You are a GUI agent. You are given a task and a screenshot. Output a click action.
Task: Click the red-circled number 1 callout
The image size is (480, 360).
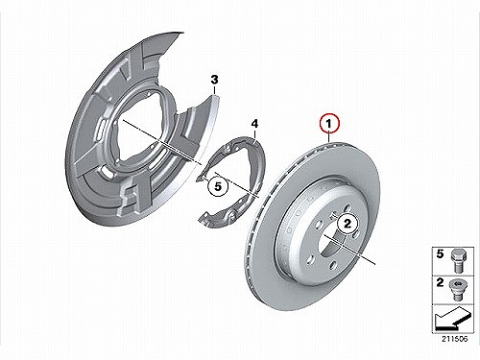pyautogui.click(x=329, y=124)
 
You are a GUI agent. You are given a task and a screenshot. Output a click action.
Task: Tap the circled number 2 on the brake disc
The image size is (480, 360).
pyautogui.click(x=348, y=223)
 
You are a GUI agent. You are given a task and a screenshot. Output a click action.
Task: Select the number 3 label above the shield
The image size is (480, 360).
pyautogui.click(x=214, y=80)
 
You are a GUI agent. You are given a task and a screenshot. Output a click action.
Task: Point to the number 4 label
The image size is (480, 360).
pyautogui.click(x=254, y=123)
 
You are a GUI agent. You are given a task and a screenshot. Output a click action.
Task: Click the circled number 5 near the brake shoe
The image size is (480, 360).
pyautogui.click(x=218, y=186)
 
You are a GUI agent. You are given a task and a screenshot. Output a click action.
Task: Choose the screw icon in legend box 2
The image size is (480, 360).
pyautogui.click(x=457, y=290)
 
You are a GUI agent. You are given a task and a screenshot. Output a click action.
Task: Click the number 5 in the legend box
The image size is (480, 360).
pyautogui.click(x=441, y=254)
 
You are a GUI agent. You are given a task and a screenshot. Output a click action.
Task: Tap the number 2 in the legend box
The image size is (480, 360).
pyautogui.click(x=441, y=283)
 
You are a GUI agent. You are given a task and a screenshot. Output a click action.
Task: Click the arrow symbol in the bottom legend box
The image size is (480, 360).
pyautogui.click(x=453, y=319)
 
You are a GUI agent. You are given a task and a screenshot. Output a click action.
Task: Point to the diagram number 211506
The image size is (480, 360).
pyautogui.click(x=454, y=339)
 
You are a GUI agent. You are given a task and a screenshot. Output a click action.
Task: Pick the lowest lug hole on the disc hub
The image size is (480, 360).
pyautogui.click(x=333, y=265)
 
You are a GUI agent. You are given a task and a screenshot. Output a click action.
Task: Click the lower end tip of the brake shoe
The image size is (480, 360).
pyautogui.click(x=200, y=220)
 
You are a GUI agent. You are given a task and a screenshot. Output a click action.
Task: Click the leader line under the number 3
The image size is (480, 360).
pyautogui.click(x=214, y=89)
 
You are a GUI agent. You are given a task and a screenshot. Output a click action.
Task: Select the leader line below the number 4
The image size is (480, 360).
pyautogui.click(x=254, y=133)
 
